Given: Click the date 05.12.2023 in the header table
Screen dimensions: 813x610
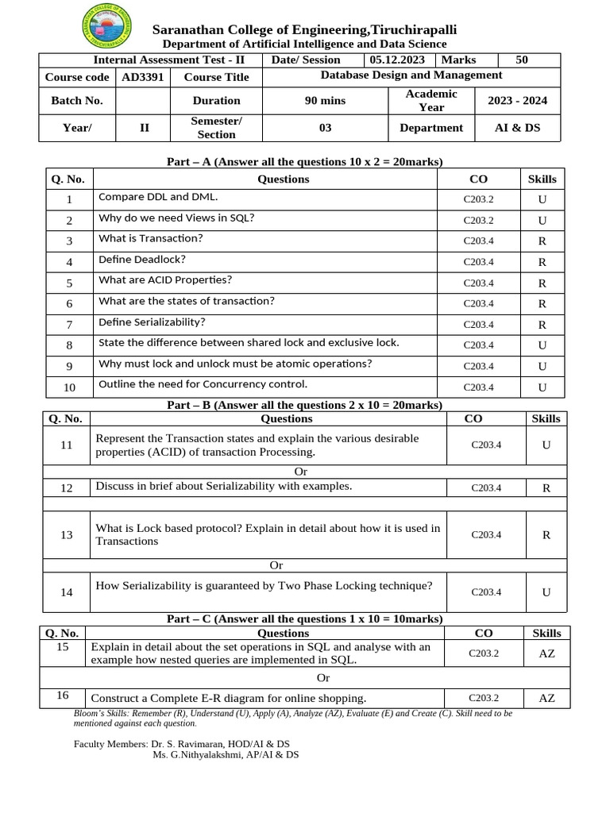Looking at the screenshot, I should pyautogui.click(x=396, y=60).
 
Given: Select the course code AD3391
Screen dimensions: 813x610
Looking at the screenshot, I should pyautogui.click(x=142, y=77).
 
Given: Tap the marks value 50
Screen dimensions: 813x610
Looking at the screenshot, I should pyautogui.click(x=521, y=60).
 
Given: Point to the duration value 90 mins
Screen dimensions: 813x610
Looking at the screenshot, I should pyautogui.click(x=325, y=101).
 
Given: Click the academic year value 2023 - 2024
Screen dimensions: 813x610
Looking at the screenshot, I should pyautogui.click(x=517, y=101).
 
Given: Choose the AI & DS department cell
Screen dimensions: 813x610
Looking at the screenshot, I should pyautogui.click(x=517, y=128).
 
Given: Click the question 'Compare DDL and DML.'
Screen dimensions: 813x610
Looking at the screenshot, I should pyautogui.click(x=157, y=197).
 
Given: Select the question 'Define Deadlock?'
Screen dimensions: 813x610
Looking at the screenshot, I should pyautogui.click(x=142, y=259).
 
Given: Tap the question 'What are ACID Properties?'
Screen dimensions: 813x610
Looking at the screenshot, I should pyautogui.click(x=165, y=279).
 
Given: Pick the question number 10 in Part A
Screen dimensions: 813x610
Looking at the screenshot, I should pyautogui.click(x=69, y=387).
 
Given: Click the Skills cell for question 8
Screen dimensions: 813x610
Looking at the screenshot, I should pyautogui.click(x=542, y=345).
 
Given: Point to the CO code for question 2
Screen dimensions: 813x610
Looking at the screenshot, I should pyautogui.click(x=478, y=221).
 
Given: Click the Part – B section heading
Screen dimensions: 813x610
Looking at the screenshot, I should pyautogui.click(x=304, y=405).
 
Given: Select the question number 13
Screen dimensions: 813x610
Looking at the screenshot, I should pyautogui.click(x=66, y=535).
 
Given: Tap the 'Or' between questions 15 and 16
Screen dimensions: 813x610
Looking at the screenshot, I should pyautogui.click(x=323, y=677).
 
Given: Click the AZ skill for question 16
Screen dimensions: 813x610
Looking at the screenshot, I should pyautogui.click(x=546, y=699).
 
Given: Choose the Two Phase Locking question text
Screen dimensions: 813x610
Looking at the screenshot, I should pyautogui.click(x=264, y=586).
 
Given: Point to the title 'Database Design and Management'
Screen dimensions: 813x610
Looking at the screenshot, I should pyautogui.click(x=411, y=75).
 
